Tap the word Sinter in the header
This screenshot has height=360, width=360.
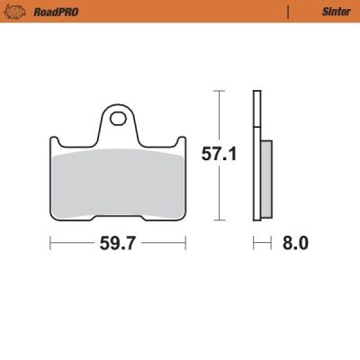pyautogui.click(x=325, y=12)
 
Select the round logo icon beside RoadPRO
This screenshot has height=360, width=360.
pyautogui.click(x=13, y=12)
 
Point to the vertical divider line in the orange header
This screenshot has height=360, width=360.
pyautogui.click(x=287, y=12)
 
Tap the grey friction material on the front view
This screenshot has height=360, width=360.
pyautogui.click(x=117, y=180)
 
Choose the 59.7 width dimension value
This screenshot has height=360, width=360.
pyautogui.click(x=117, y=244)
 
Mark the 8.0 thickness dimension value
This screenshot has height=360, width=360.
pyautogui.click(x=296, y=244)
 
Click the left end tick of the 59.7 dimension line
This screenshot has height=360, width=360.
pyautogui.click(x=49, y=244)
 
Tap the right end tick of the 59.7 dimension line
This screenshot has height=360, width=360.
pyautogui.click(x=185, y=244)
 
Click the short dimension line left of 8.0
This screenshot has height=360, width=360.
pyautogui.click(x=262, y=244)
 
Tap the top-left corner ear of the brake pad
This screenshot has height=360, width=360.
pyautogui.click(x=53, y=141)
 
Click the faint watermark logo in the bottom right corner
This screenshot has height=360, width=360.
pyautogui.click(x=337, y=342)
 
